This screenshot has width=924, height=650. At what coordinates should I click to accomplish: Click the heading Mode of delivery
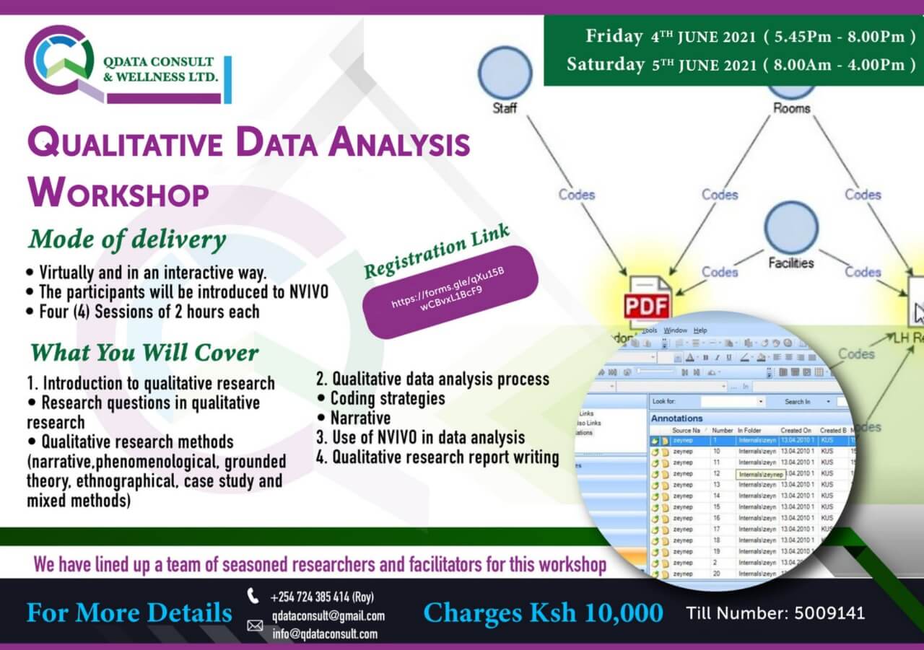127,240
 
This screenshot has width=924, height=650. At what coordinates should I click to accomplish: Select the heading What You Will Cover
144,353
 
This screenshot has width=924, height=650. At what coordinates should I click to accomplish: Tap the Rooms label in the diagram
791,108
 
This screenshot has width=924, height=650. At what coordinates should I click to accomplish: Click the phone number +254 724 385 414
321,597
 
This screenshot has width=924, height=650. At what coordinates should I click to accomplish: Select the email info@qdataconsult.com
325,634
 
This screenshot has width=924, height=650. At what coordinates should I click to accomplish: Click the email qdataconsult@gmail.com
328,616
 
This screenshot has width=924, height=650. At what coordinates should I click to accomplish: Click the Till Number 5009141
775,614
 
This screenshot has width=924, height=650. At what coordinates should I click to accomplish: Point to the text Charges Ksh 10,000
543,613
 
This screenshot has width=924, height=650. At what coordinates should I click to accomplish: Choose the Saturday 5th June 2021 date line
741,64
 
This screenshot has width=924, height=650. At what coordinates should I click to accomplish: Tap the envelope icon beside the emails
255,625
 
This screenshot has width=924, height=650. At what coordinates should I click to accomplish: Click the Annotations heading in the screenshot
676,418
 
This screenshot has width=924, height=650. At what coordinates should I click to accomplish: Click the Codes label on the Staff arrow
577,195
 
